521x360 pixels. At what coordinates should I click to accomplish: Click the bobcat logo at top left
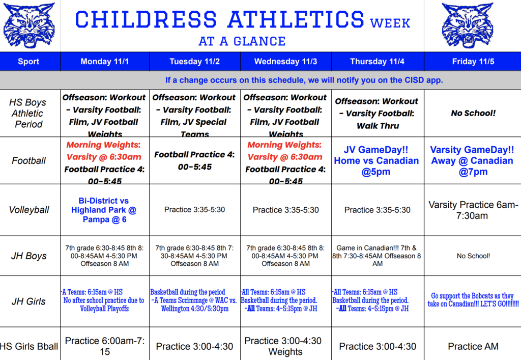point(29,25)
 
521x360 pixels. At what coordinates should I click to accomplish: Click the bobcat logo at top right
point(467,25)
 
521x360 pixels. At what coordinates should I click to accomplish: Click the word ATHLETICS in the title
point(295,20)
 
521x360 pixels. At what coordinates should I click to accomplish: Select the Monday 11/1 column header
point(105,62)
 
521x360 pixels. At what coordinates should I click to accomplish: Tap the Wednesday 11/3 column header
point(285,62)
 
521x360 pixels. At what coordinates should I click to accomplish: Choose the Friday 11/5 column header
point(473,62)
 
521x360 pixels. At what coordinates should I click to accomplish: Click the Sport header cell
point(28,62)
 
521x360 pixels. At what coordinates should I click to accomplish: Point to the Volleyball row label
point(29,210)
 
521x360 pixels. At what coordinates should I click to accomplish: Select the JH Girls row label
point(28,301)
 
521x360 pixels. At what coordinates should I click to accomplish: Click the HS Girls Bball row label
point(29,347)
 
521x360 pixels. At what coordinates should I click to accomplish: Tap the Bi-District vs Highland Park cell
point(104,210)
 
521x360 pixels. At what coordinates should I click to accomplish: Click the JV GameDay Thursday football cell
point(377,160)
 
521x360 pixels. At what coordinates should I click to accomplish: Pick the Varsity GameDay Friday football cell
point(472,160)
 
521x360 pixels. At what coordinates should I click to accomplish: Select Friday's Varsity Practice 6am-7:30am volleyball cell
point(473,210)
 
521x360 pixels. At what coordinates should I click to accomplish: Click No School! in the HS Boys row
point(473,113)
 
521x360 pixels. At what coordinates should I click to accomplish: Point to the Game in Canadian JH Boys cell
point(377,256)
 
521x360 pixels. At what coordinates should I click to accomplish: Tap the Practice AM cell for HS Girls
point(473,347)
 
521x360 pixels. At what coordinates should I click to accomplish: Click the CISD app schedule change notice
point(304,80)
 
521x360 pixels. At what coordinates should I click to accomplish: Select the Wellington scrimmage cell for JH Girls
point(194,300)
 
